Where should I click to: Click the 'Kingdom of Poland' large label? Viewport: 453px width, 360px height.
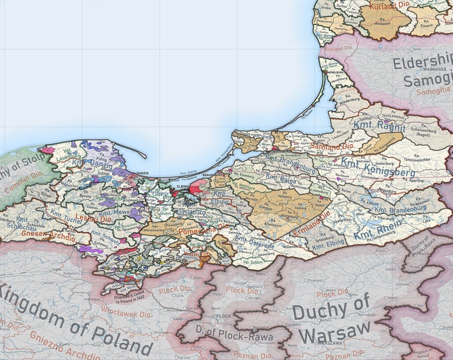(x=77, y=319)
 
